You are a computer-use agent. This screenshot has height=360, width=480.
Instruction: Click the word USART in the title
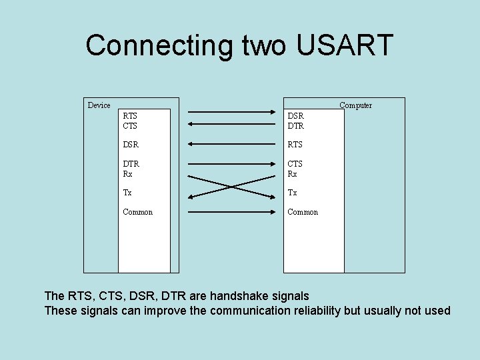click(x=344, y=45)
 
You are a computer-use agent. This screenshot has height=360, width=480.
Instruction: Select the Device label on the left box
click(x=99, y=105)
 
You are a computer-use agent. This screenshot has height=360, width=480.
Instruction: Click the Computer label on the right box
click(x=355, y=105)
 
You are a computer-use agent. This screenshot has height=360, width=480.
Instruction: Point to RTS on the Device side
click(x=130, y=116)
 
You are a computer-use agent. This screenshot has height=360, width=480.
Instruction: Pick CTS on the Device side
click(x=130, y=125)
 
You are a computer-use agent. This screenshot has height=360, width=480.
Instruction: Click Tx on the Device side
click(x=127, y=193)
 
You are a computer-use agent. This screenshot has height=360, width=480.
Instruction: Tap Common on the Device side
click(x=138, y=212)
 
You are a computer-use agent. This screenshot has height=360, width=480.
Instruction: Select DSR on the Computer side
click(x=295, y=116)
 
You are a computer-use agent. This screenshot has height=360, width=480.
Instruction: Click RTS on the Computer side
click(x=295, y=145)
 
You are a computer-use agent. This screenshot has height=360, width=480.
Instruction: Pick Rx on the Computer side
click(x=292, y=174)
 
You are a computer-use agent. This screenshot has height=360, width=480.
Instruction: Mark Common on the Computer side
click(x=303, y=212)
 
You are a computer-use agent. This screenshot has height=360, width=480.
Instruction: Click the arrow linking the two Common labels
click(x=231, y=211)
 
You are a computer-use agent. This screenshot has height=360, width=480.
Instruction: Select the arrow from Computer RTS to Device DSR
click(x=231, y=144)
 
